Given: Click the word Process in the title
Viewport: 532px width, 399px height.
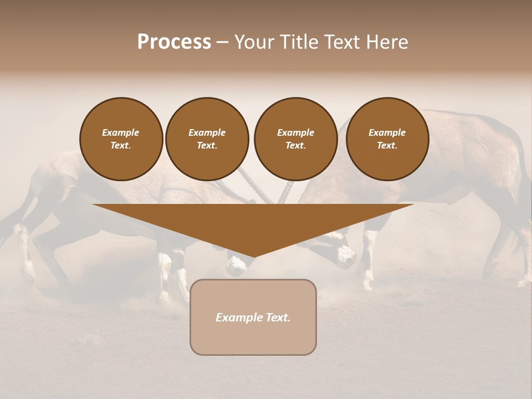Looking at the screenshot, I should point(174,42).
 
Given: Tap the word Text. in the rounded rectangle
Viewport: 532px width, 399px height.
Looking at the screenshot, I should point(278,318).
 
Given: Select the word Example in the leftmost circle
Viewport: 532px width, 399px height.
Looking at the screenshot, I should point(121,132).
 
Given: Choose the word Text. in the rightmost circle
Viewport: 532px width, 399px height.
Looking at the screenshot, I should point(387,145).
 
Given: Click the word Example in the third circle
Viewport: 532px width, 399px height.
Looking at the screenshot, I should point(295,132).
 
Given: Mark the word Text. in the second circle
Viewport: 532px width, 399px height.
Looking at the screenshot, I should point(207,145).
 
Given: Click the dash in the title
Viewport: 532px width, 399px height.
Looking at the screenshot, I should point(222,42).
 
